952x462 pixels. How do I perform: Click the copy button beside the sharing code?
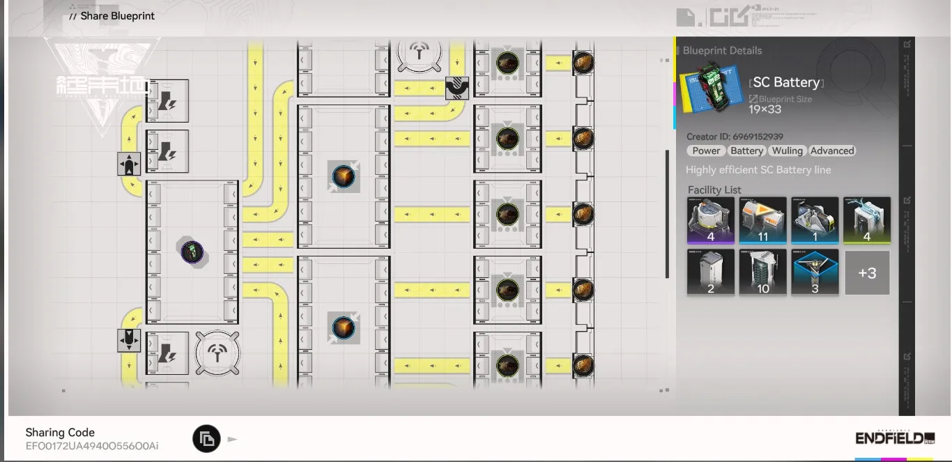tap(206, 439)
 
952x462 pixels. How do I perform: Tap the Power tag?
tap(706, 151)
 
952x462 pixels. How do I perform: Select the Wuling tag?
tap(788, 151)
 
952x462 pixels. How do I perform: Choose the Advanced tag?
tap(832, 151)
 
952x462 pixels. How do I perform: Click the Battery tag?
tap(746, 151)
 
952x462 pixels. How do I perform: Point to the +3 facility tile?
tap(867, 272)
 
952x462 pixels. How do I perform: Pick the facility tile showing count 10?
tap(763, 272)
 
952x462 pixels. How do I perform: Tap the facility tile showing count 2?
tap(711, 272)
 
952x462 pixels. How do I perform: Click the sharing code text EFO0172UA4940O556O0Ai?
tap(92, 446)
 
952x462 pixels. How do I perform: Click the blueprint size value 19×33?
tap(765, 109)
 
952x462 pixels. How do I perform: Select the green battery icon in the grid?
tap(192, 251)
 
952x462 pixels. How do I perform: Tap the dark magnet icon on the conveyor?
tap(457, 88)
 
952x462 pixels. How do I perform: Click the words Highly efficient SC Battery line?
tap(758, 170)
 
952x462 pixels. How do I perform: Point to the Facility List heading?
tap(714, 190)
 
